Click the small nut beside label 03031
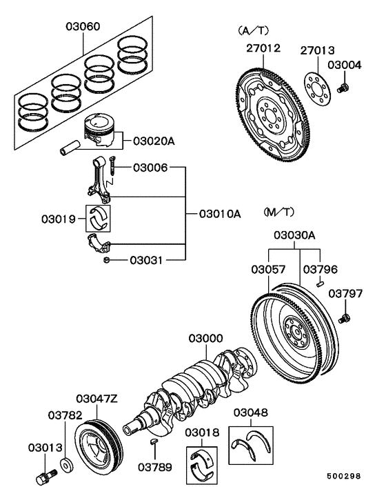(107, 260)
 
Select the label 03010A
(220, 214)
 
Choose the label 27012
(263, 48)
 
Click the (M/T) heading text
(278, 210)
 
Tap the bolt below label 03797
(345, 317)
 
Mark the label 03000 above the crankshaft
(207, 339)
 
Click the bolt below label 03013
(48, 475)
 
